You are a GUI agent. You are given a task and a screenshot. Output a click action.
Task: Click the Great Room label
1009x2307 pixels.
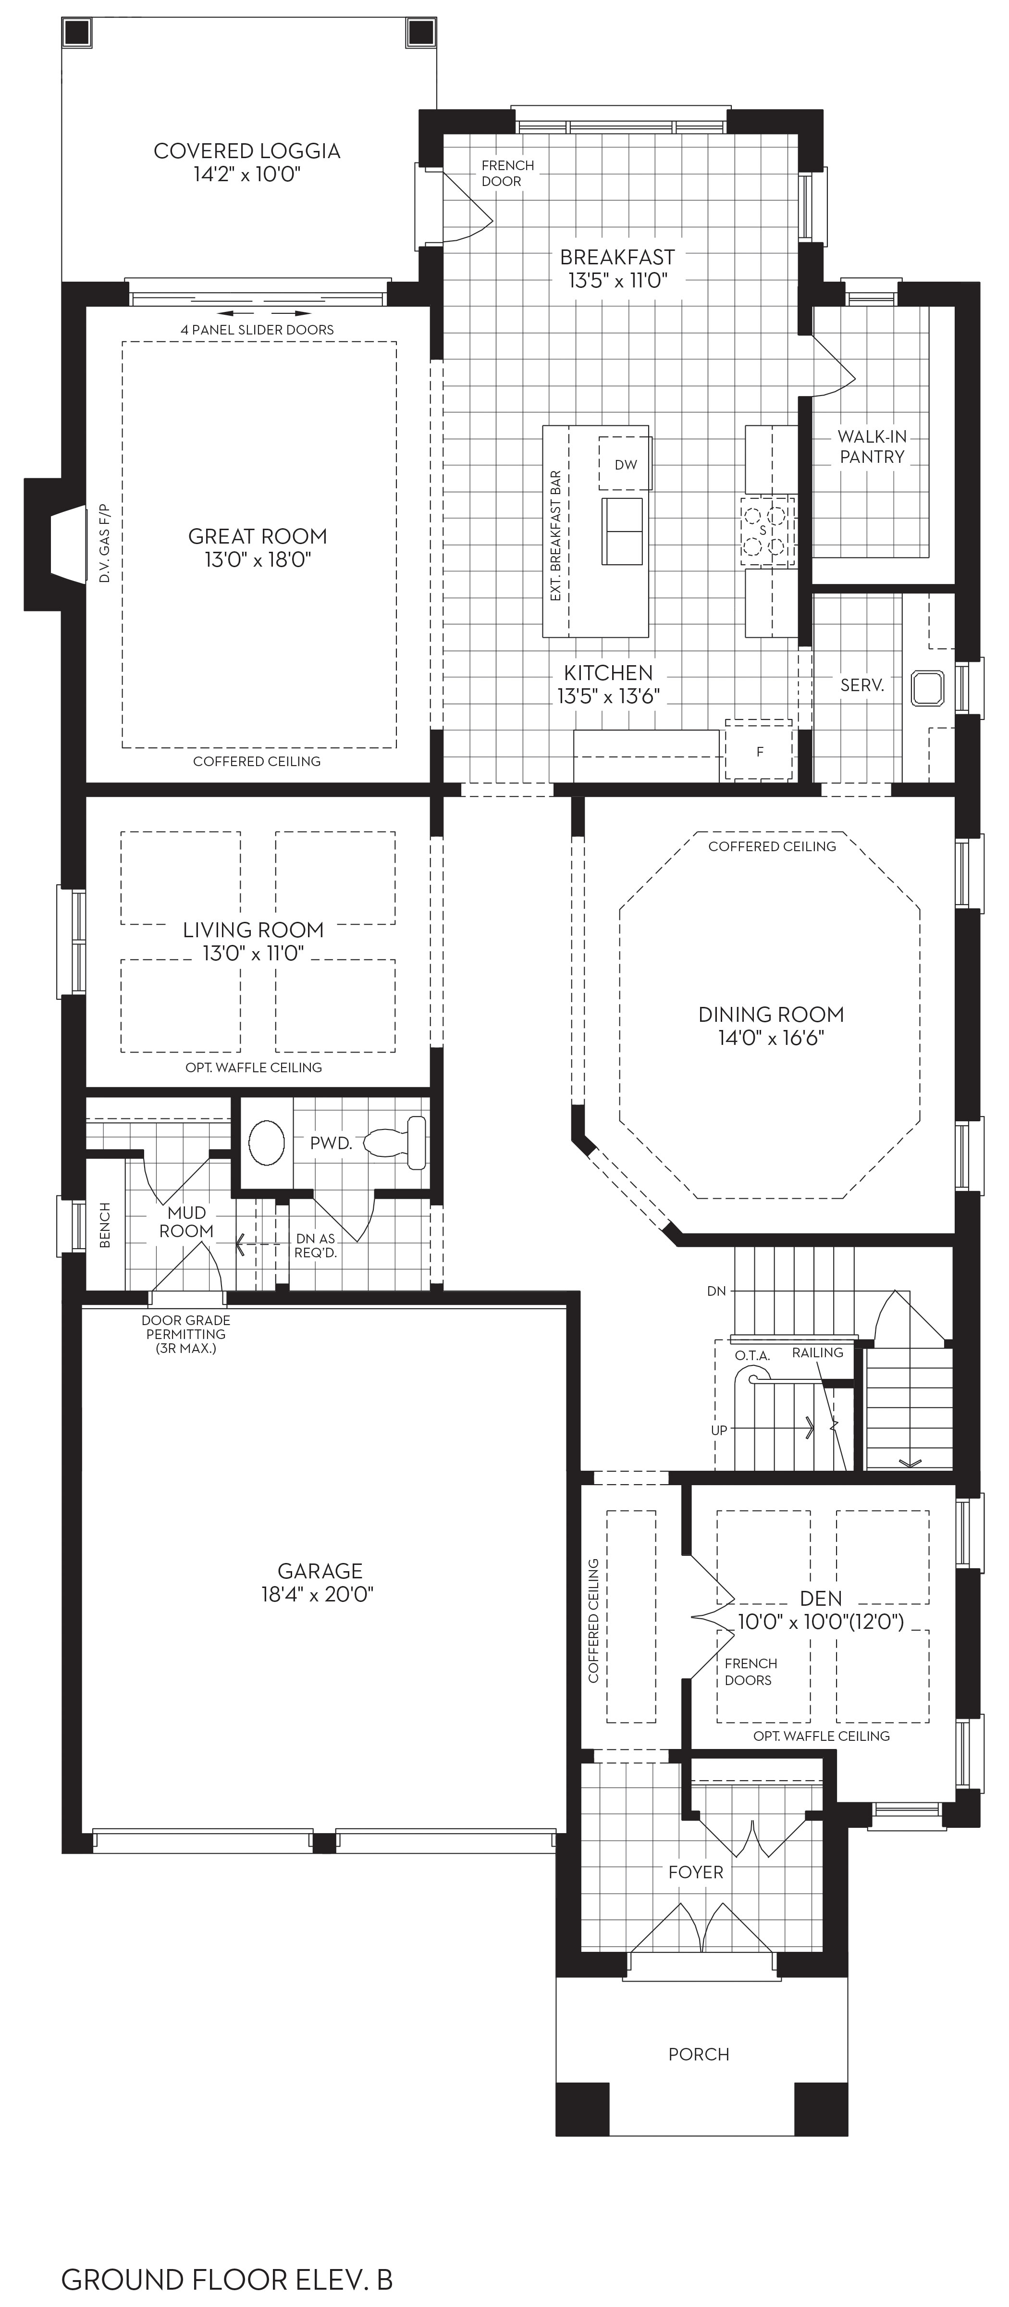(257, 536)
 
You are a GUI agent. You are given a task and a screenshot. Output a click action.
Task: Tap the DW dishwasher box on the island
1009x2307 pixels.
(625, 463)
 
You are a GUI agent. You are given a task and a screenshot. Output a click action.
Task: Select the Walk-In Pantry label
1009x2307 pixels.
(872, 446)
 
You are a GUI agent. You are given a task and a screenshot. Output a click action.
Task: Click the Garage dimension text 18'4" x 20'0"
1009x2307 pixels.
(317, 1595)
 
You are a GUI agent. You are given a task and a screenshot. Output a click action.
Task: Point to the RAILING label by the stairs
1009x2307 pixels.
(817, 1352)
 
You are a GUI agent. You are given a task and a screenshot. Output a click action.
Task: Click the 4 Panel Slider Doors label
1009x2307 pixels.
(257, 330)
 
